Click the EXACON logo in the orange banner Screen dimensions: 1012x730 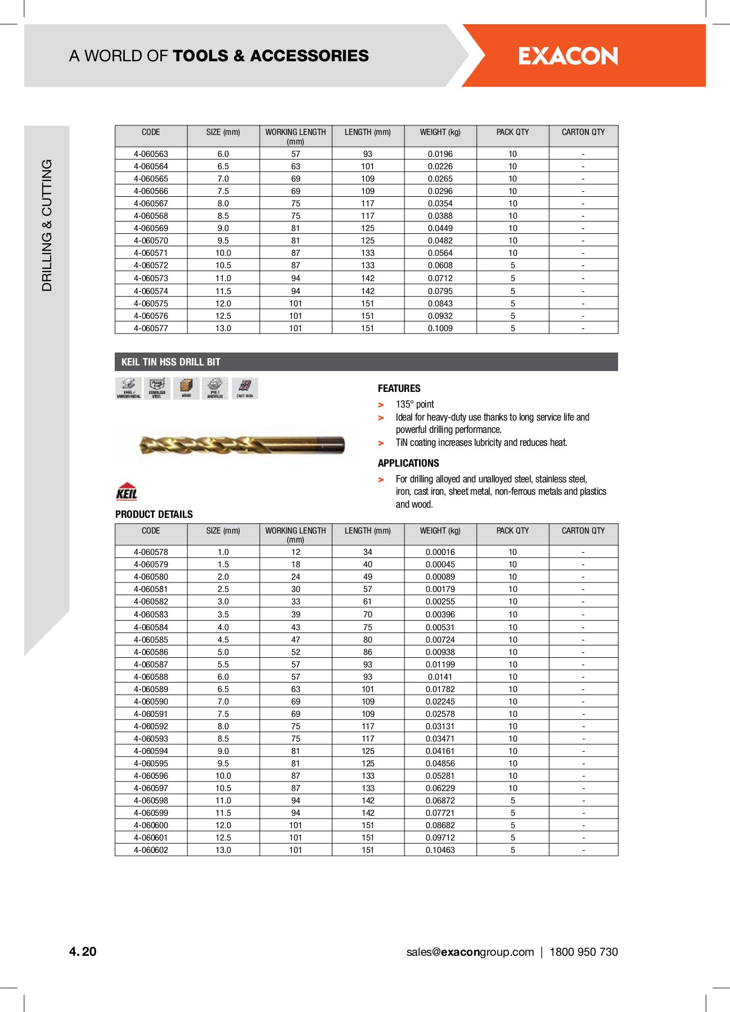(x=567, y=56)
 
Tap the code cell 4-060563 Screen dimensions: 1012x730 (x=151, y=154)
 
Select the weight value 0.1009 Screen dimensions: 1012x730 (x=440, y=328)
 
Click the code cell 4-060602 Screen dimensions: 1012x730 (x=151, y=850)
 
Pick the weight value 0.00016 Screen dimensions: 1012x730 (x=440, y=552)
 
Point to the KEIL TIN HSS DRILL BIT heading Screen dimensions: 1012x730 (x=171, y=362)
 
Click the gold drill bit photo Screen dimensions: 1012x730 (x=242, y=445)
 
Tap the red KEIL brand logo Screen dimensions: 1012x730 (x=127, y=491)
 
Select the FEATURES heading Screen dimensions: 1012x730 (x=399, y=388)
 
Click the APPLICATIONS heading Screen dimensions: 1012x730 (x=408, y=463)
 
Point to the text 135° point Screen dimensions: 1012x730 (x=414, y=404)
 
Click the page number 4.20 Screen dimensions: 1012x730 (x=83, y=951)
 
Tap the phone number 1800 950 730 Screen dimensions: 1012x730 (x=583, y=952)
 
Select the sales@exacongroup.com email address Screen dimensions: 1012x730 (x=470, y=952)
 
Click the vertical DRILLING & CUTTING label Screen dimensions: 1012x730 (x=47, y=225)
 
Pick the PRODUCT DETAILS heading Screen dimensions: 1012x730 (x=154, y=514)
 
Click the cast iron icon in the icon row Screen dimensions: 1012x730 (x=245, y=388)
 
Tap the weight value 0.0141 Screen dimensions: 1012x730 (x=440, y=677)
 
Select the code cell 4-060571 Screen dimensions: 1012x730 (x=151, y=253)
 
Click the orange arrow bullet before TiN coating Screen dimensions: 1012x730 (x=381, y=444)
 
